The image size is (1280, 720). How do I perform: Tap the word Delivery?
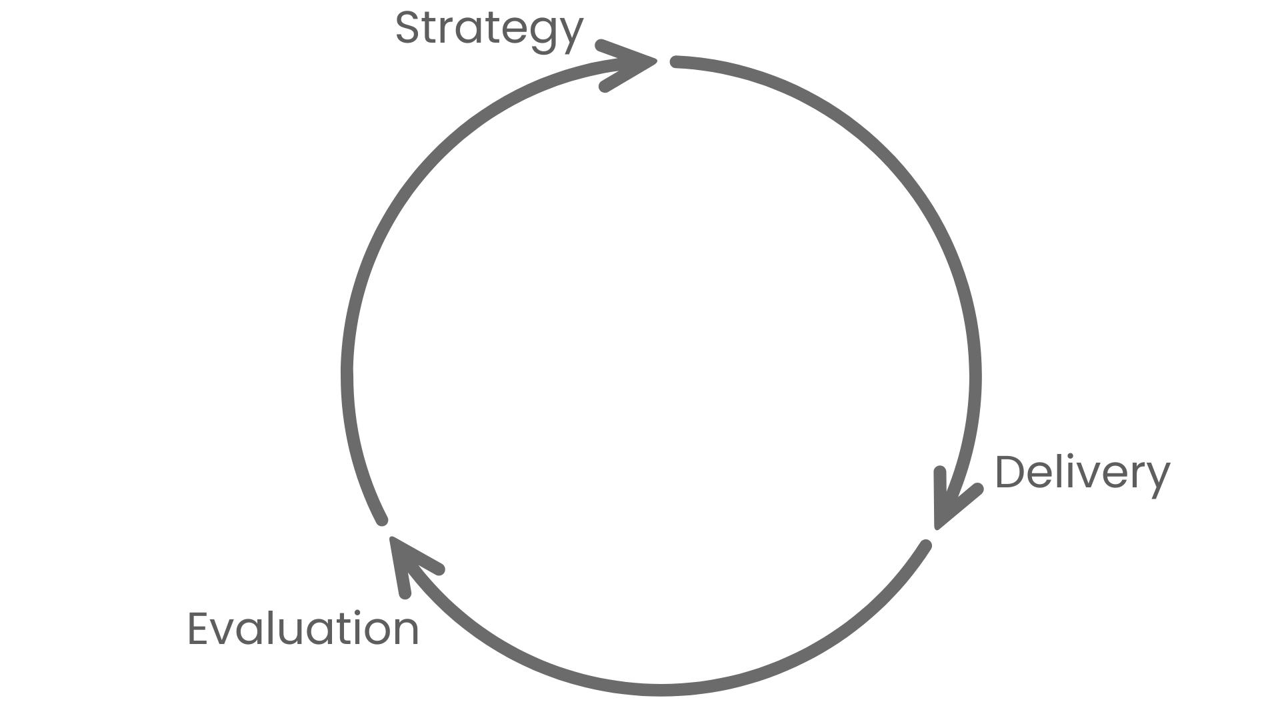(x=1081, y=473)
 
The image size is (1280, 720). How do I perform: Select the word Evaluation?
(x=303, y=629)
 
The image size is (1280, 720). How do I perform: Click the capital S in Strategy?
(x=408, y=28)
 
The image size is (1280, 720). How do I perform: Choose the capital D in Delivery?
(x=1011, y=473)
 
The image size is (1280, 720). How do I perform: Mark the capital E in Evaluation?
(x=199, y=629)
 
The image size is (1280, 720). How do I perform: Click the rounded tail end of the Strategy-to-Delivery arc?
(x=675, y=62)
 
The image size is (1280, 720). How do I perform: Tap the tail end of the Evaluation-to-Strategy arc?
(x=382, y=519)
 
